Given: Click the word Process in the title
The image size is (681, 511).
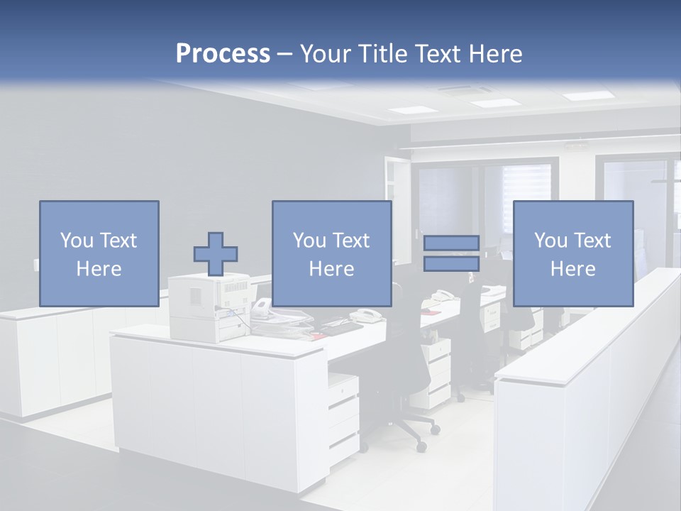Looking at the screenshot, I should point(223,54).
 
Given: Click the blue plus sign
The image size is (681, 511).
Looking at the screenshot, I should point(216,254).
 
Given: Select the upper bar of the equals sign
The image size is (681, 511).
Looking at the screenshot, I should point(451,243).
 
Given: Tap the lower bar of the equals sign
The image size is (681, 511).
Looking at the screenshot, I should point(451,263).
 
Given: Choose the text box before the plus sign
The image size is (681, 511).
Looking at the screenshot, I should point(99,253).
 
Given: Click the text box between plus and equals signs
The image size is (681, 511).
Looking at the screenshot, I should point(331,253).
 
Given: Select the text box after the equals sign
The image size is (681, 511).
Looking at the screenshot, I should point(572,253).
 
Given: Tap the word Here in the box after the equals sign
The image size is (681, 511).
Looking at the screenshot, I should point(572,269).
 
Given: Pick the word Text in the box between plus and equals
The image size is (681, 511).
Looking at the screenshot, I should point(351,241).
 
